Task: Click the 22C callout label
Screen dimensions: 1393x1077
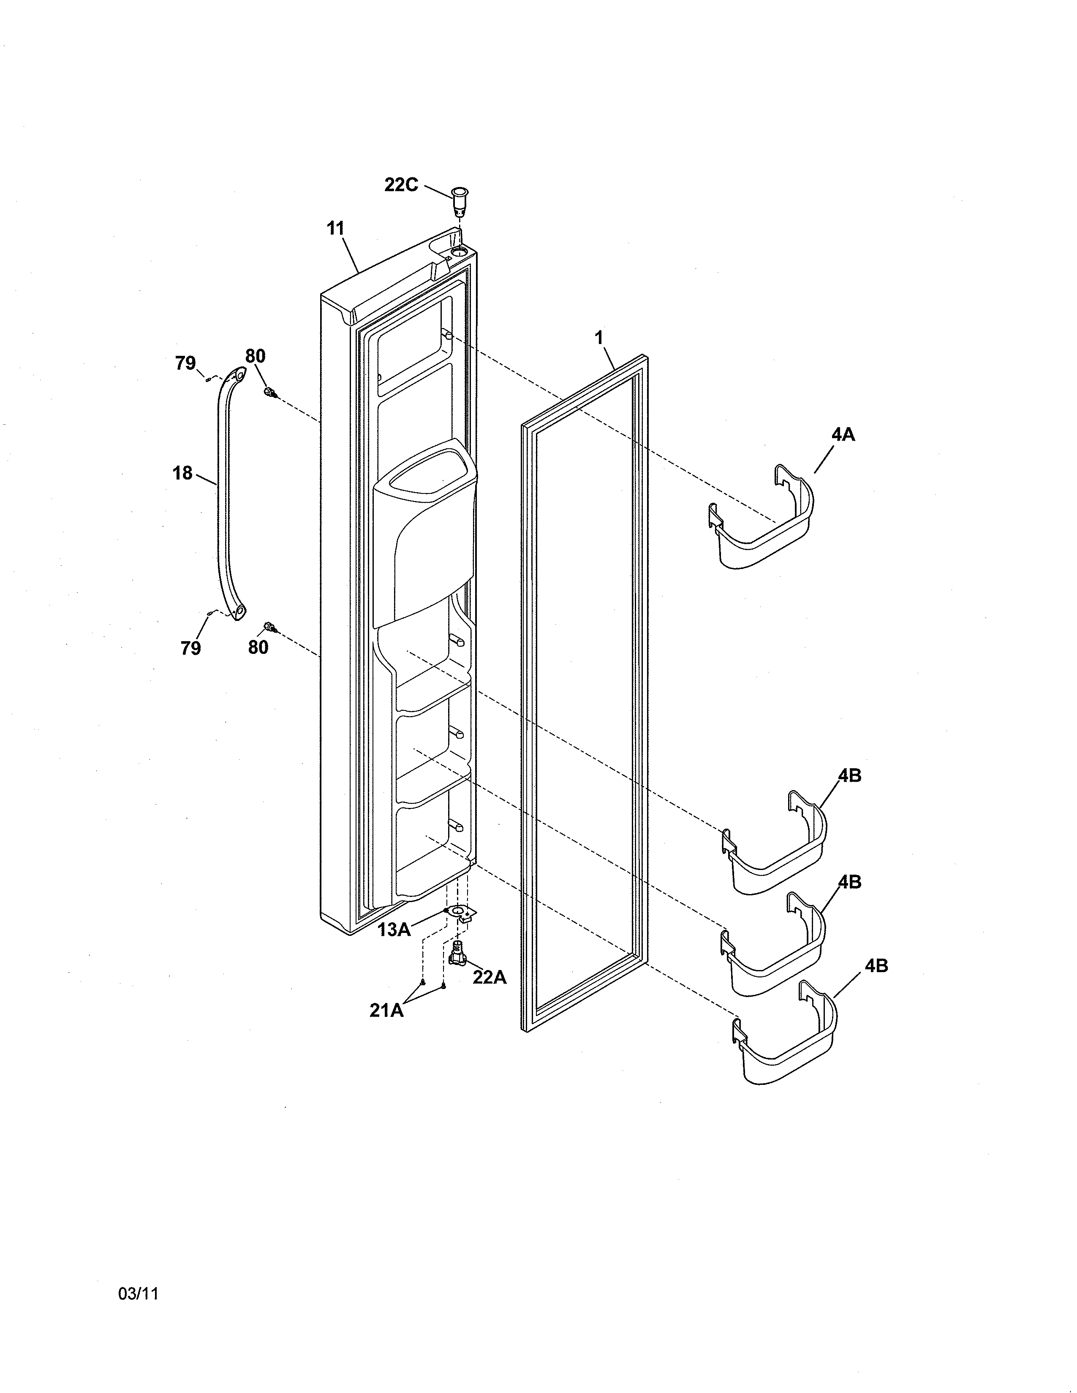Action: (401, 185)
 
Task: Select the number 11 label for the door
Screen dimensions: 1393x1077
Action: (336, 228)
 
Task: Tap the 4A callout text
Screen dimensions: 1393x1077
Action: (843, 434)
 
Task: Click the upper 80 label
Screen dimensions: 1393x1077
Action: (255, 356)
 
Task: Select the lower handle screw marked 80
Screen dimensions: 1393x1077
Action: (271, 628)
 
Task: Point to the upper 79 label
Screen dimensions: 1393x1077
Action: (186, 363)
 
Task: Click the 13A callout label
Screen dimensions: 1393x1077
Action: (394, 930)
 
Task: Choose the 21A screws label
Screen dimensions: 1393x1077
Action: (386, 1010)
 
